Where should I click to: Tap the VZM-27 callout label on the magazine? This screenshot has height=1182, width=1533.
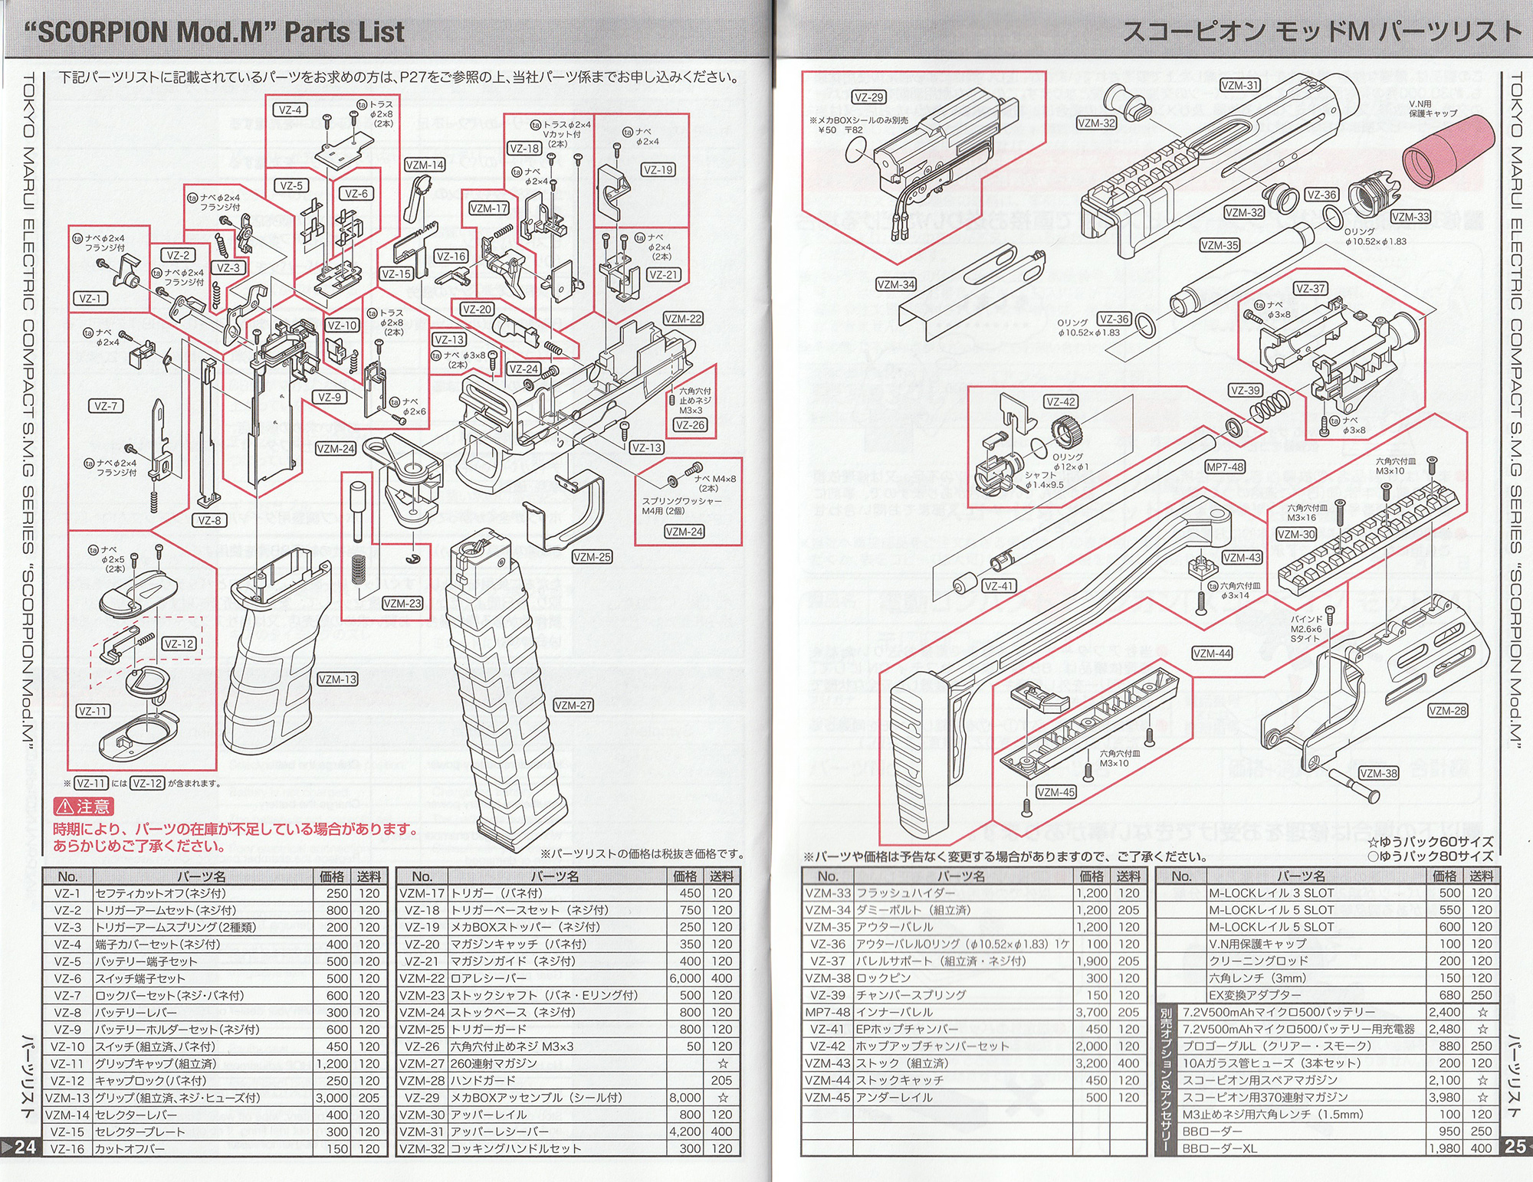(573, 706)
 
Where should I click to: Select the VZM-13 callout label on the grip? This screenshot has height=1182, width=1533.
(337, 679)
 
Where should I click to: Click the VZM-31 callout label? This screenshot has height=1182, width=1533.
(1239, 86)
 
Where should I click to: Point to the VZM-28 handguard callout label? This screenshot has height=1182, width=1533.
(1448, 711)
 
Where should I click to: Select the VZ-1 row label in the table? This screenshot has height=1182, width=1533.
(67, 893)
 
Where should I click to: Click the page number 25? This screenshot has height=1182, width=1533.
(1515, 1147)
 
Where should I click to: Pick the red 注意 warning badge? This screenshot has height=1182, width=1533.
(84, 807)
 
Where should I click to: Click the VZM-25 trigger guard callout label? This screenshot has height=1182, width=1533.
(593, 558)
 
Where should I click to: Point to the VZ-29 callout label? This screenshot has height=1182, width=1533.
(869, 97)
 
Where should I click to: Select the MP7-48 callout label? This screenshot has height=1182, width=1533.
(1225, 467)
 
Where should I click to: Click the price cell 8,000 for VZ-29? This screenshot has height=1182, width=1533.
(684, 1098)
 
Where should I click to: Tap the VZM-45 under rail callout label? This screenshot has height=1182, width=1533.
(1055, 793)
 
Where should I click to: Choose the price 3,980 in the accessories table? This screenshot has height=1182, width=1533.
(1444, 1098)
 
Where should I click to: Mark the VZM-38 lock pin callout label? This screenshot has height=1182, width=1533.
(1378, 774)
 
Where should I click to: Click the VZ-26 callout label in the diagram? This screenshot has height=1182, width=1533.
(691, 425)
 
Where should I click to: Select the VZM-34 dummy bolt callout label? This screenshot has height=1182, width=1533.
(896, 285)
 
